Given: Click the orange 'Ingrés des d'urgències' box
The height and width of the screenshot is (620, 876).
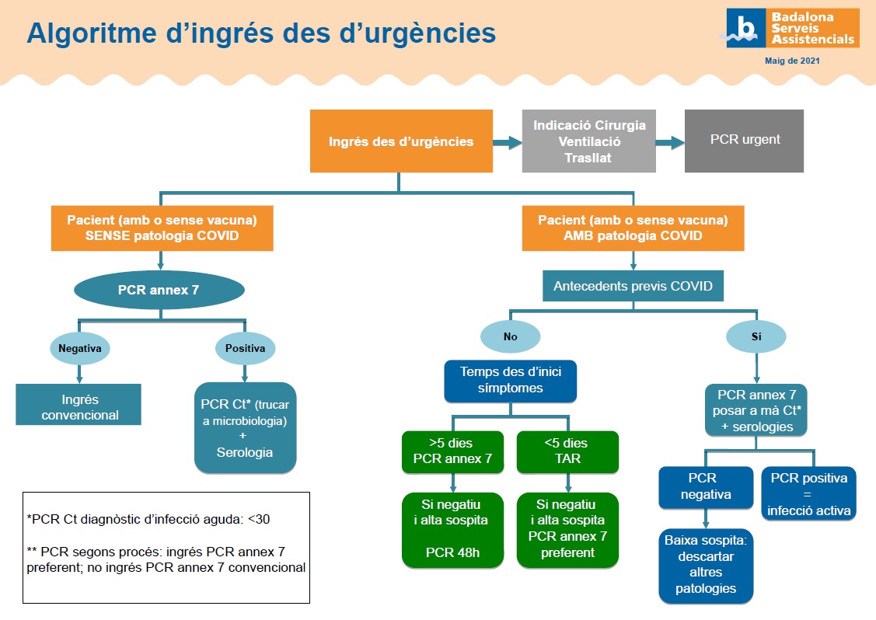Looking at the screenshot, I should pyautogui.click(x=401, y=141).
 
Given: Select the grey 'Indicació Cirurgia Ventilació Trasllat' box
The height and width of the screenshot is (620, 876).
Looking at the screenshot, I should pyautogui.click(x=589, y=141).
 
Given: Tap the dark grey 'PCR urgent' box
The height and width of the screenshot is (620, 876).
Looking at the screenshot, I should pyautogui.click(x=744, y=141).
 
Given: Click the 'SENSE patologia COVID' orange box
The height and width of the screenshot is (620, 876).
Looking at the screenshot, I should pyautogui.click(x=162, y=228).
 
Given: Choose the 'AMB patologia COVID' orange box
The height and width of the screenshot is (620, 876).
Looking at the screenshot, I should pyautogui.click(x=633, y=228).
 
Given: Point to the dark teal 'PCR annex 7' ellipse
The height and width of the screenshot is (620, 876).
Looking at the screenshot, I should pyautogui.click(x=159, y=291).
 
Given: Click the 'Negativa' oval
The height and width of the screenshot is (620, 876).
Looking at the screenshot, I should pyautogui.click(x=80, y=349).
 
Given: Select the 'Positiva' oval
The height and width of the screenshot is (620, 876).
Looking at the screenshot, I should pyautogui.click(x=245, y=349).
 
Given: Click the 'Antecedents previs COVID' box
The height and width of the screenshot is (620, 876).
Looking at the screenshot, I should pyautogui.click(x=633, y=286).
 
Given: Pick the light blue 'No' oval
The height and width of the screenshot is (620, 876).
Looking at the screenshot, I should pyautogui.click(x=510, y=337).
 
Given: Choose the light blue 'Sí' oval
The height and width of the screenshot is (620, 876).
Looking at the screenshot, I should pyautogui.click(x=756, y=337).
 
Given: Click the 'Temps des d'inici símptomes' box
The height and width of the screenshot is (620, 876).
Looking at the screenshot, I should pyautogui.click(x=511, y=381).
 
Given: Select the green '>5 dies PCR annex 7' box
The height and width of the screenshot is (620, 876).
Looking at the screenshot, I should pyautogui.click(x=452, y=451).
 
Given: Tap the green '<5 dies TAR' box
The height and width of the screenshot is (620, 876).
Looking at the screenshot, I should pyautogui.click(x=567, y=451).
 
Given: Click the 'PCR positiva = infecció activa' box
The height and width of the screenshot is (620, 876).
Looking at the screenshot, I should pyautogui.click(x=808, y=493).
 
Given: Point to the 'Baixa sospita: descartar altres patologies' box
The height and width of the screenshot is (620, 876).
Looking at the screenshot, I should pyautogui.click(x=706, y=564).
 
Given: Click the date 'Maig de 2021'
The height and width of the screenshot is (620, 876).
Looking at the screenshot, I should pyautogui.click(x=792, y=60).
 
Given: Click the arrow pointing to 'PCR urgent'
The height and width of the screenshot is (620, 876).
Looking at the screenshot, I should pyautogui.click(x=669, y=142).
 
